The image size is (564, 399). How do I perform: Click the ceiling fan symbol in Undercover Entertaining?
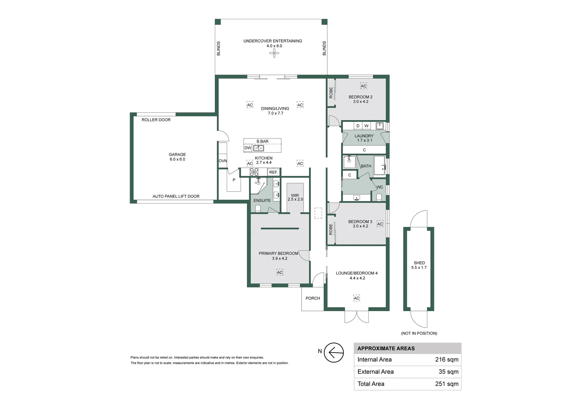coord(274,53)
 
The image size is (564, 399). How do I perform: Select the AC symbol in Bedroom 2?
coord(363,86)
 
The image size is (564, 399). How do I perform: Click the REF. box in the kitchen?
coord(273,172)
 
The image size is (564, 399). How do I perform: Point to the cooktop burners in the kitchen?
coord(254,172)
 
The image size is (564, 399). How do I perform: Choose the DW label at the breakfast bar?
coord(248,148)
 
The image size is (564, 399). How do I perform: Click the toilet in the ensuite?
coord(258,208)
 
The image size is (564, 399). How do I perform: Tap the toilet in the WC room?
coord(379,197)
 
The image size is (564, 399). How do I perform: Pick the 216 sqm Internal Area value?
coord(447,359)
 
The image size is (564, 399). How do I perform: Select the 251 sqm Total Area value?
coord(447,384)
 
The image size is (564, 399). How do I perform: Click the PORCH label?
coord(313,298)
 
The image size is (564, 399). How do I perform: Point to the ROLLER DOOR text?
coord(156,120)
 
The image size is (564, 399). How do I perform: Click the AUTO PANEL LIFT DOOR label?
coord(176,196)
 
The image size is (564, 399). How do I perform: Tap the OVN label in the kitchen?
coord(223,161)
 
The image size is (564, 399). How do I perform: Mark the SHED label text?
coord(419,263)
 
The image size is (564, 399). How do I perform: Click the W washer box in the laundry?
coord(367,126)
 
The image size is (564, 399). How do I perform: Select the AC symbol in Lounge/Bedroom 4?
coord(357,298)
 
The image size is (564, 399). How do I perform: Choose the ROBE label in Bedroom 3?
coord(331,229)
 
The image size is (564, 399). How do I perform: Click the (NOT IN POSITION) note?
coord(419,333)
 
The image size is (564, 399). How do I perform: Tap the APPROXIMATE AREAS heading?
coord(386,348)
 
